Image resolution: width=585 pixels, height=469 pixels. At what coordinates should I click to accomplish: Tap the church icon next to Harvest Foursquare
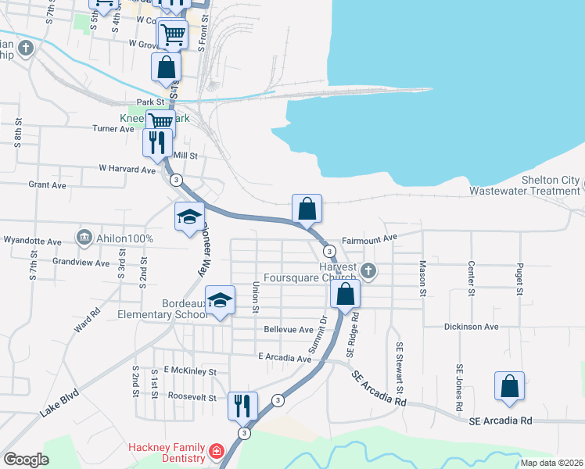click(369, 272)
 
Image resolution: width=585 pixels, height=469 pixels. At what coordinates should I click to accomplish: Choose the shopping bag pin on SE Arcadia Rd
click(509, 386)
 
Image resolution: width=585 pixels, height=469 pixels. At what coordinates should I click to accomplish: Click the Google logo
click(26, 460)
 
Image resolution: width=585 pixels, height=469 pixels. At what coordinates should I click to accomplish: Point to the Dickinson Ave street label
click(471, 327)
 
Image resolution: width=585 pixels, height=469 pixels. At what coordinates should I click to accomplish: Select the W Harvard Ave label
click(127, 169)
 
